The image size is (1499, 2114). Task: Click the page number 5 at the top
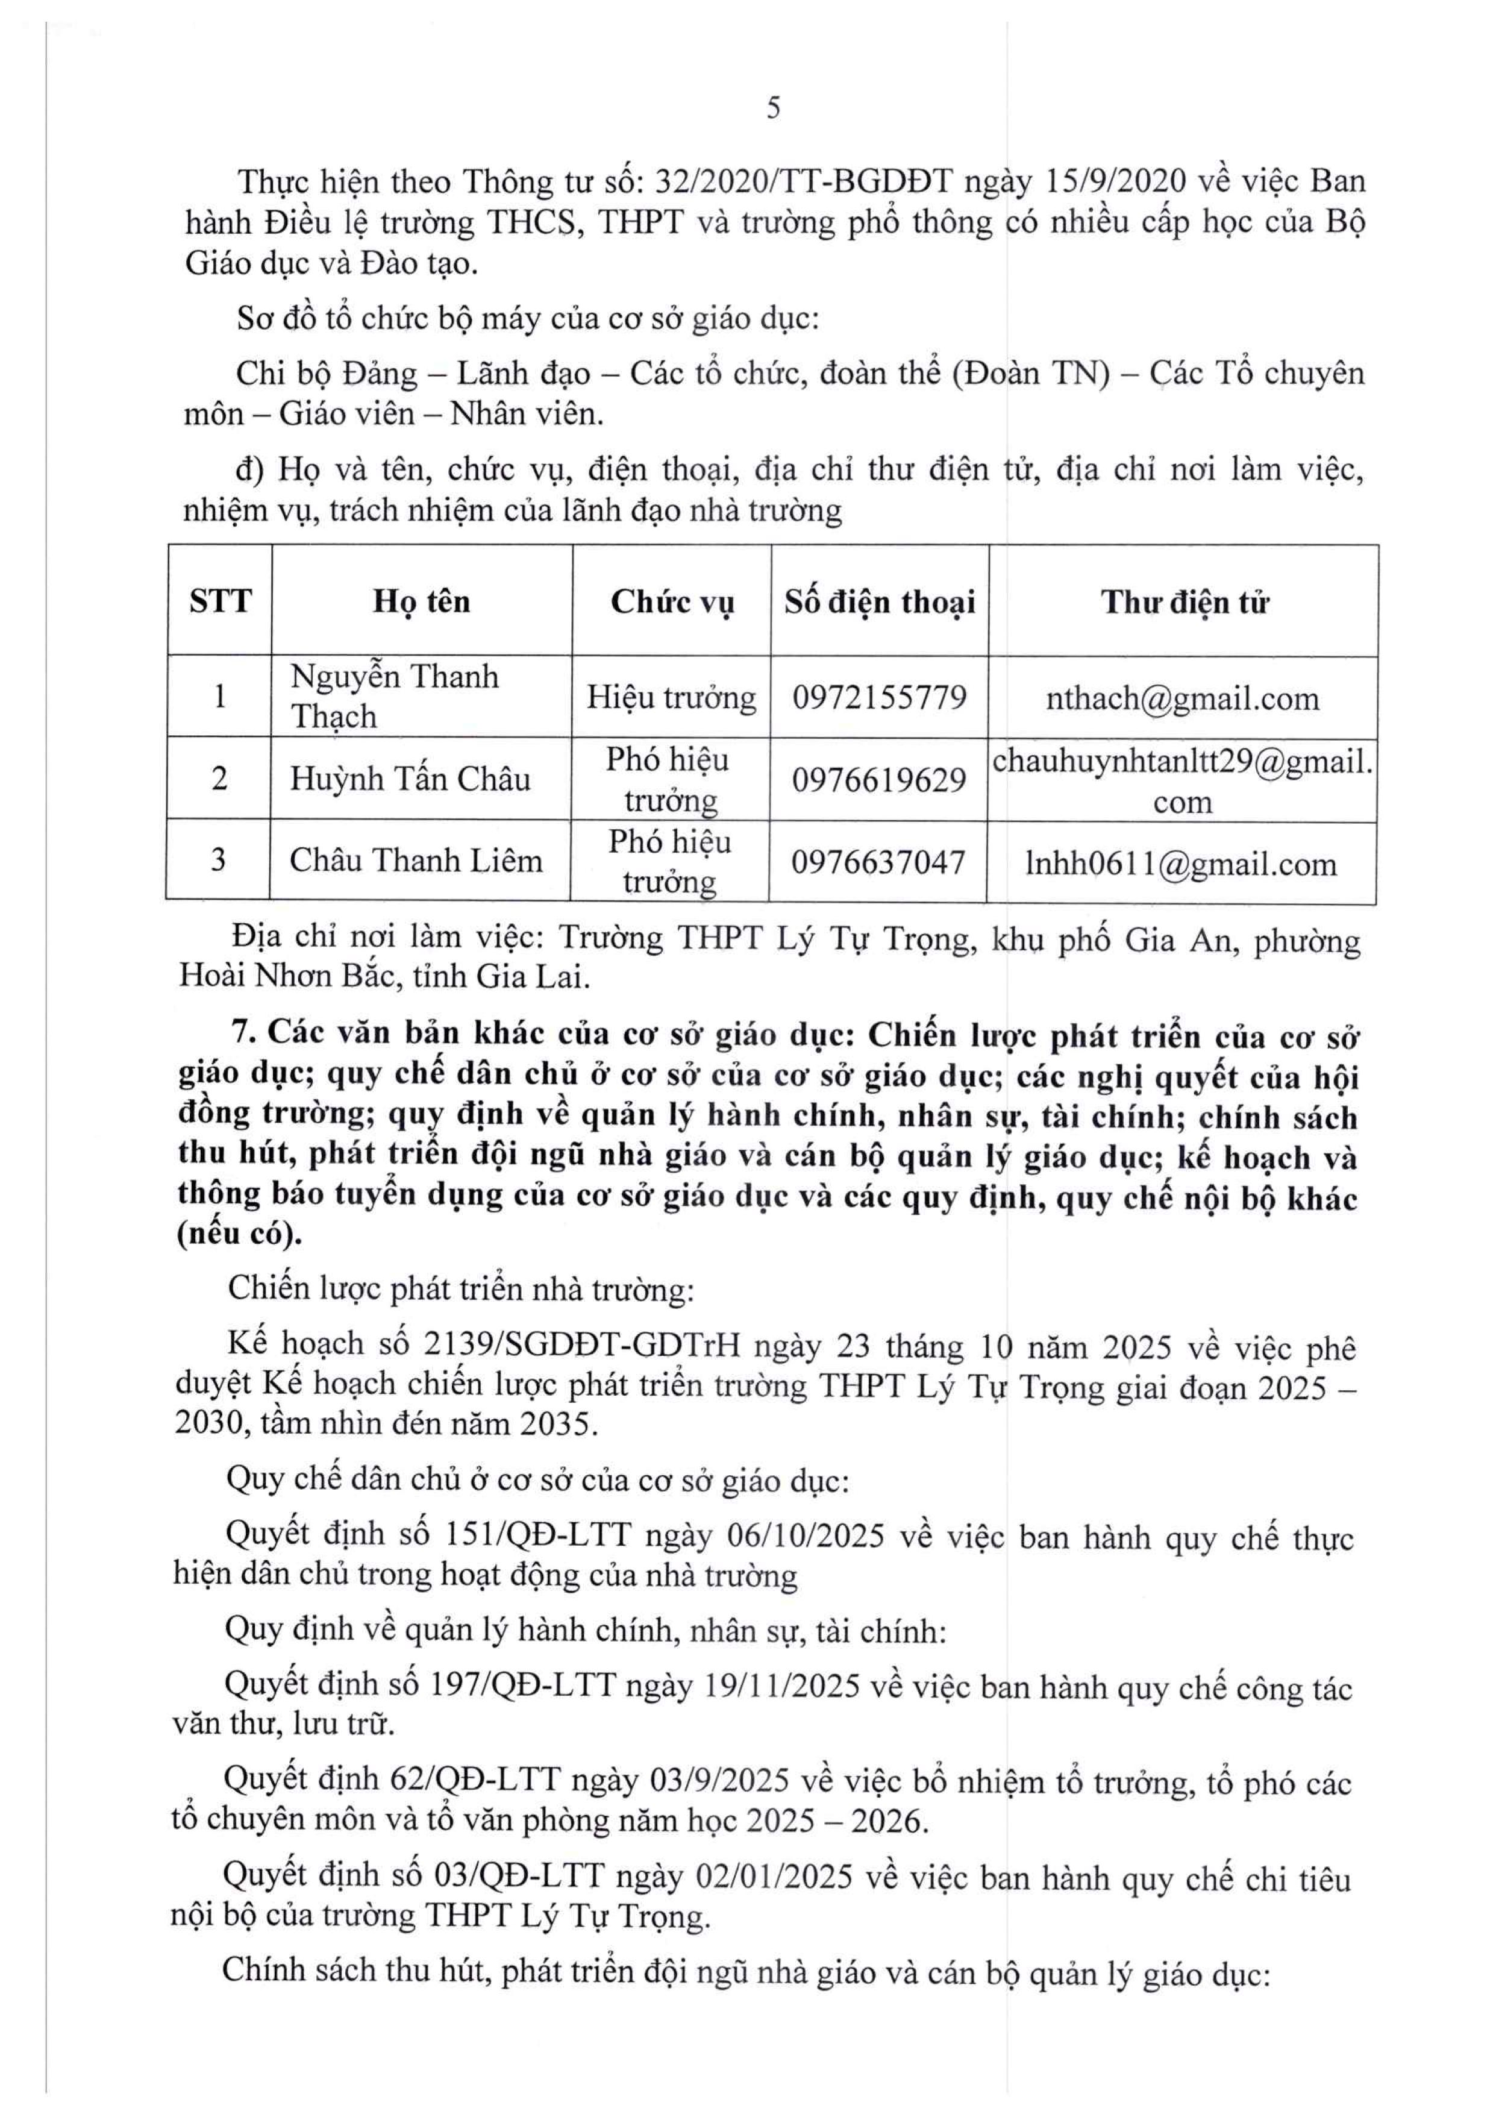[x=774, y=109]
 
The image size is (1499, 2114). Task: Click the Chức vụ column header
[x=672, y=602]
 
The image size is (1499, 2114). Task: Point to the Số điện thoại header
[x=880, y=602]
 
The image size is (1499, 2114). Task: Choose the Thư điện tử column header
[x=1184, y=602]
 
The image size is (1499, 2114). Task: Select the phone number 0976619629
[x=878, y=780]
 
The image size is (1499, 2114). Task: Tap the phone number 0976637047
[x=878, y=862]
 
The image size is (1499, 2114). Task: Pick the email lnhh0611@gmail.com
[x=1180, y=864]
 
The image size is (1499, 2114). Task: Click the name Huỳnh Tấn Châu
[x=410, y=779]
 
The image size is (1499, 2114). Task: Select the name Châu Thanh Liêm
[x=415, y=861]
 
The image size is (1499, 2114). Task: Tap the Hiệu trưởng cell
[x=671, y=697]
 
